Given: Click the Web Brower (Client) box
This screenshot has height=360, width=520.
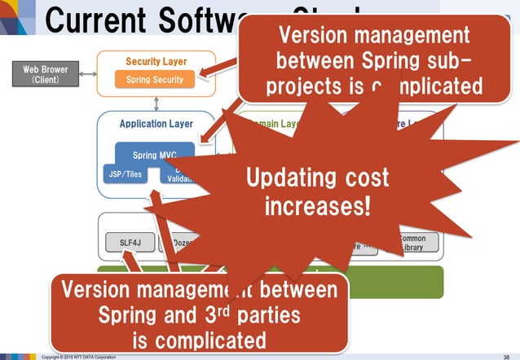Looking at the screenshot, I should (x=45, y=76).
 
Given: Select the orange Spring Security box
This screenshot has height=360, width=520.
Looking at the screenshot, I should (x=155, y=79).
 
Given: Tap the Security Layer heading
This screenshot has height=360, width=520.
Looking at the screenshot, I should (x=156, y=62).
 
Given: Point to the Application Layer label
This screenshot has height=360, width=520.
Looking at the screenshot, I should (x=156, y=124).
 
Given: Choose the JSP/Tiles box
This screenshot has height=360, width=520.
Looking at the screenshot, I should (x=125, y=173).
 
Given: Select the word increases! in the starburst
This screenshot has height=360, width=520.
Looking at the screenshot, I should (x=318, y=205).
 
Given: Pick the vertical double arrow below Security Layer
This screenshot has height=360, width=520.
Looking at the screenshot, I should (x=156, y=101).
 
